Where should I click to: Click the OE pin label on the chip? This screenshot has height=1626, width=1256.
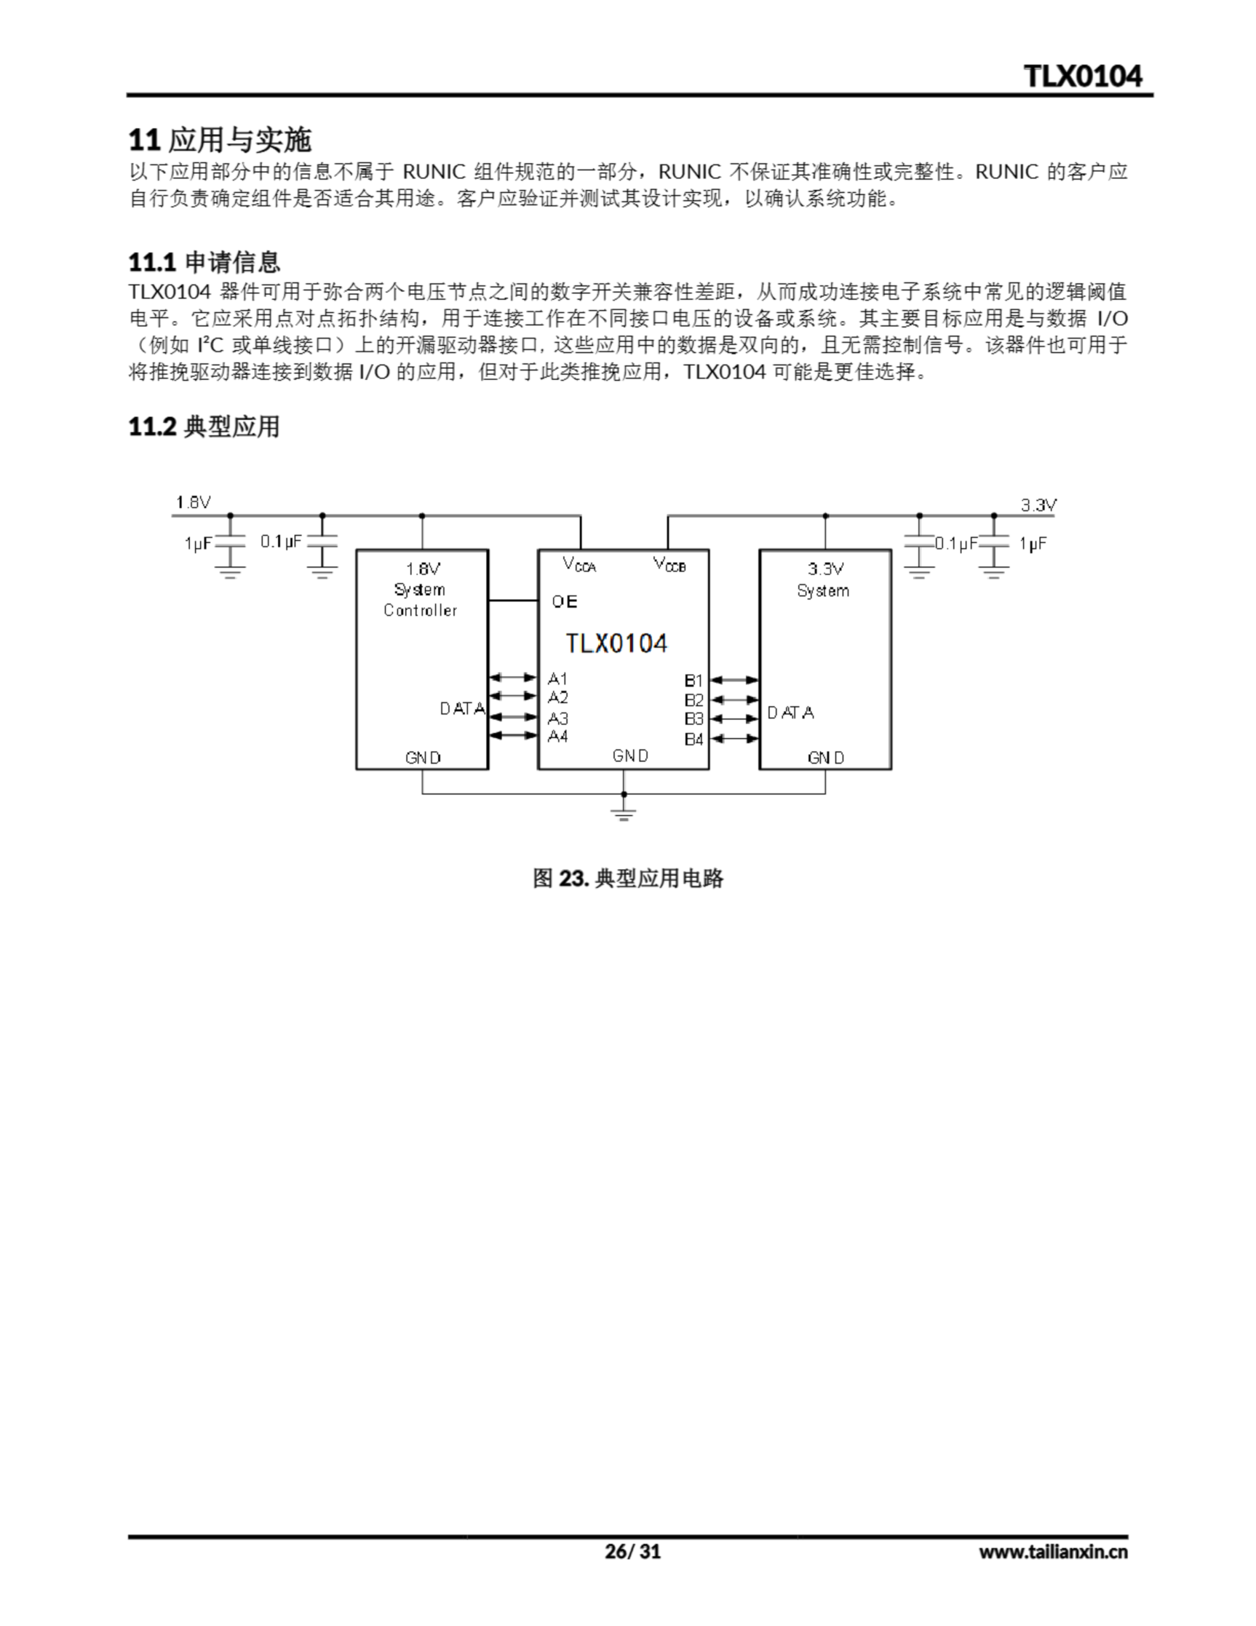click(564, 601)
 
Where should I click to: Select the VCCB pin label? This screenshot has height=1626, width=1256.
click(669, 564)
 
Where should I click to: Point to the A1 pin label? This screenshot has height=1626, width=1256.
click(558, 678)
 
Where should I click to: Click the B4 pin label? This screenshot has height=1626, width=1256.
click(693, 739)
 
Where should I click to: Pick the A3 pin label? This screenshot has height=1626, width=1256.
click(558, 718)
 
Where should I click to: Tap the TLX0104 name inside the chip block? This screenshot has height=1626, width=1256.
click(617, 643)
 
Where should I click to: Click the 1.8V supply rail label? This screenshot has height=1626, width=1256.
click(194, 502)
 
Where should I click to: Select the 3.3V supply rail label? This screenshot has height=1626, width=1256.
click(1038, 506)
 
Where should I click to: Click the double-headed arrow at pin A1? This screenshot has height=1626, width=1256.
click(513, 678)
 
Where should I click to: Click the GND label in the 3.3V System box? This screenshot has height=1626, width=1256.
click(825, 758)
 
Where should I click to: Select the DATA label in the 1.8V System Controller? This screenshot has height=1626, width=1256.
click(462, 709)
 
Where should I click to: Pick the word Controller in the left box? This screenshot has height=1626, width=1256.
click(420, 610)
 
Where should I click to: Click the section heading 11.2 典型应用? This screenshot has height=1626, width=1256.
click(204, 427)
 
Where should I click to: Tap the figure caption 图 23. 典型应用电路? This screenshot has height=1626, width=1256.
click(627, 878)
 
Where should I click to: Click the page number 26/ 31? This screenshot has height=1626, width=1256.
click(632, 1551)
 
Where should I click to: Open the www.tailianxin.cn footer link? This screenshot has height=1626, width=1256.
click(1053, 1551)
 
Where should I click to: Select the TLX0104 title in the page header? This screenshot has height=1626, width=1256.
click(1083, 76)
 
